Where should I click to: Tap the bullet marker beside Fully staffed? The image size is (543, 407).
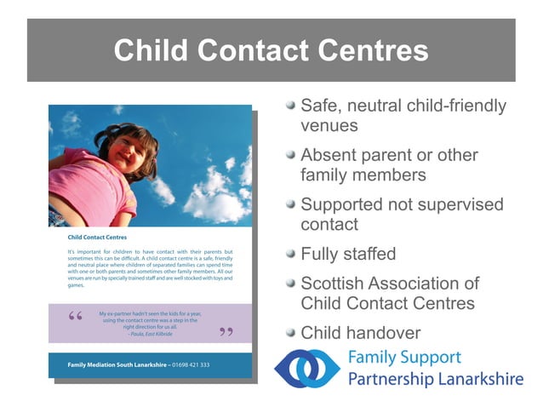tap(290, 254)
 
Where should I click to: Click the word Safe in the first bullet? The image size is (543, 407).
tap(321, 106)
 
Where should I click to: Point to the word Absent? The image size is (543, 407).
tap(329, 156)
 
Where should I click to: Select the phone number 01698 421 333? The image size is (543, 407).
tap(191, 365)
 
